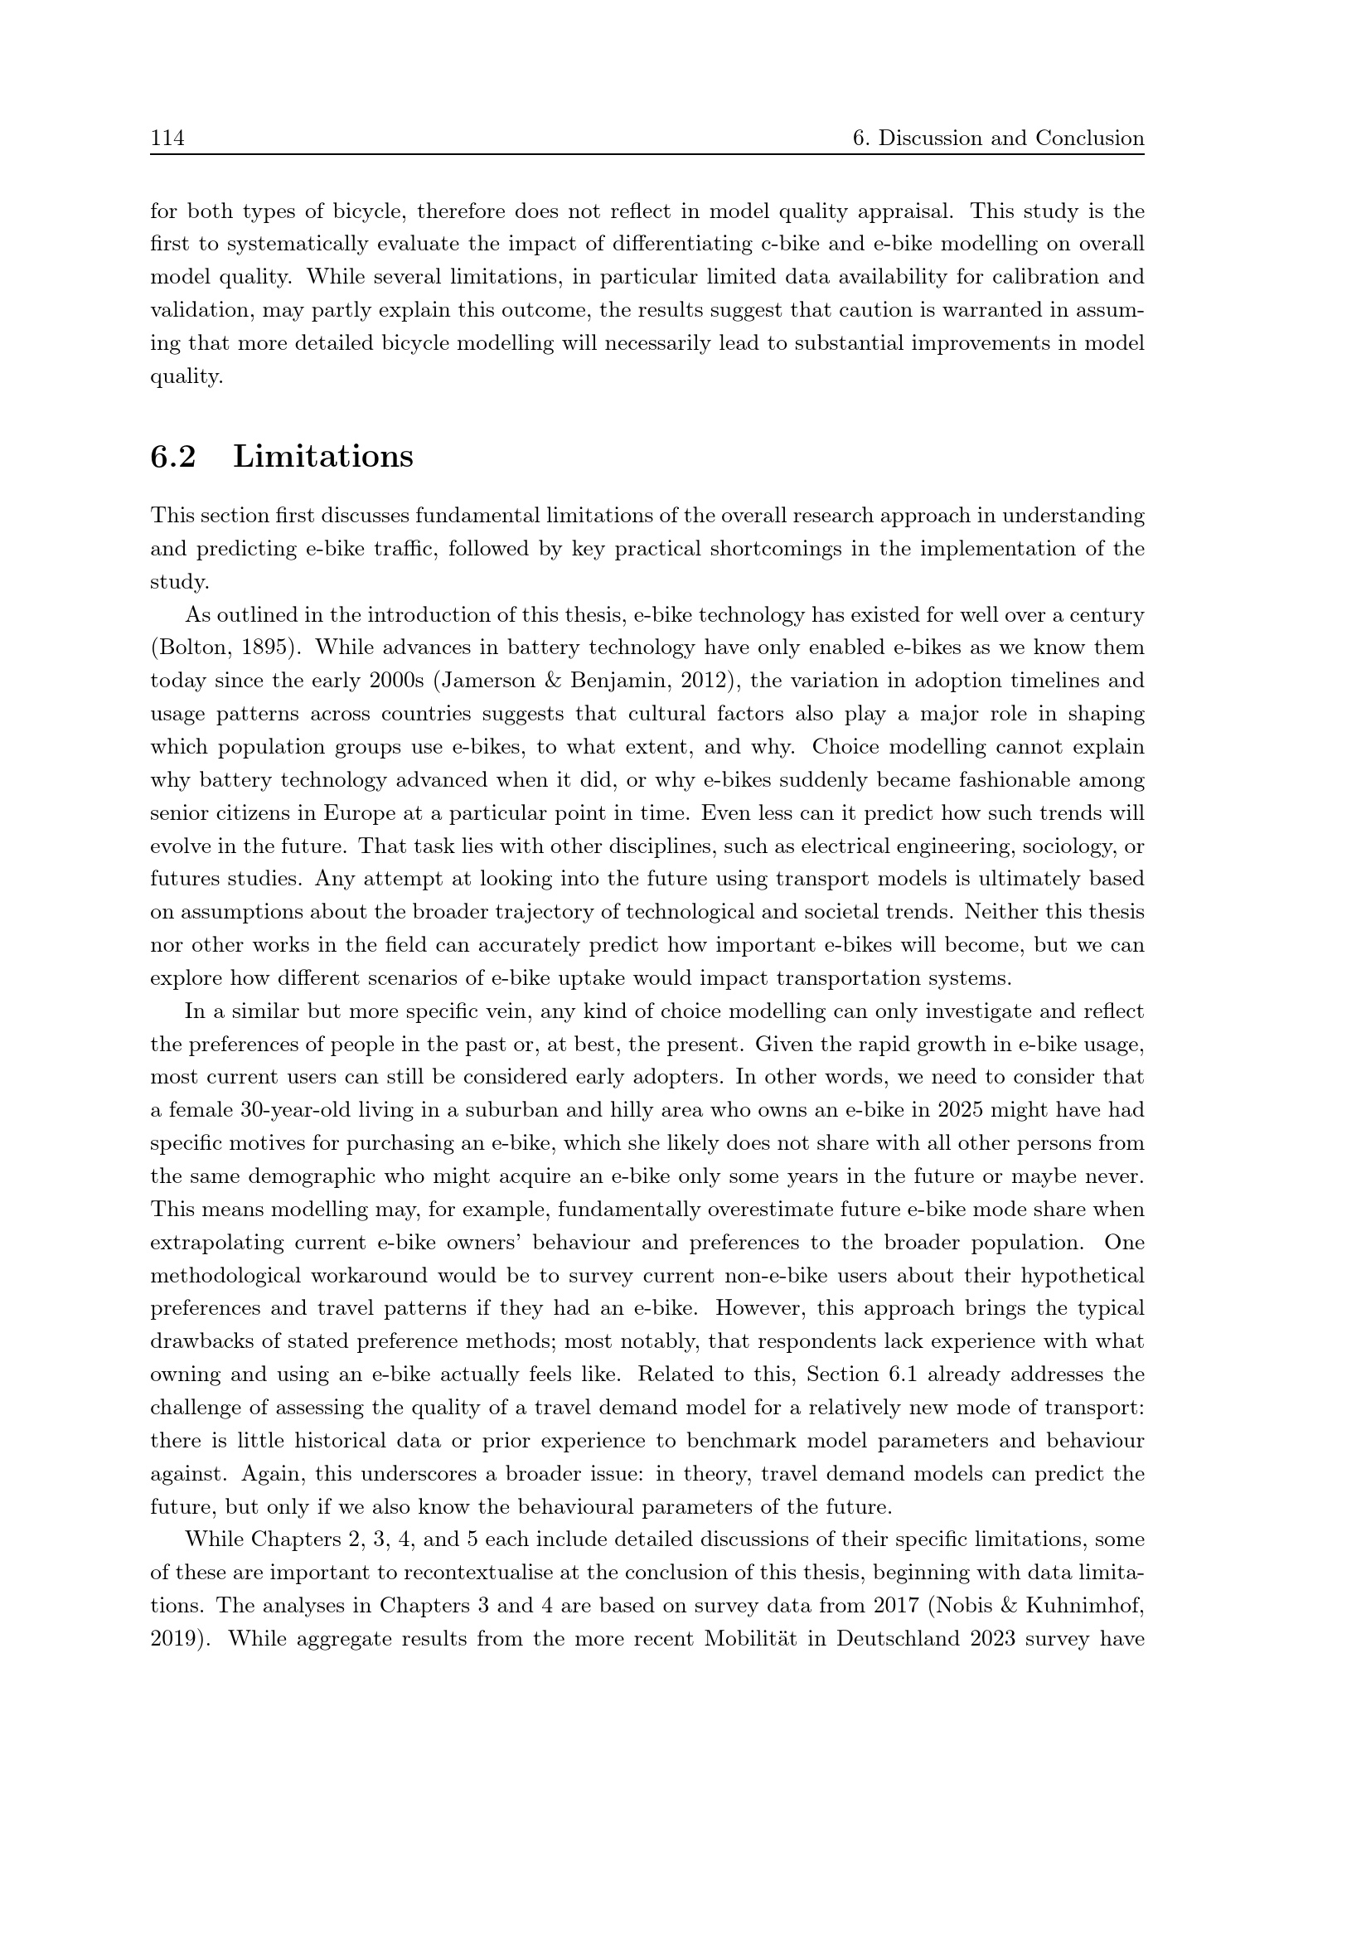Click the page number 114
(167, 138)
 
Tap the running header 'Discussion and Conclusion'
(1011, 138)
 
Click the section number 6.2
(173, 457)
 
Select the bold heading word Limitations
(323, 457)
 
